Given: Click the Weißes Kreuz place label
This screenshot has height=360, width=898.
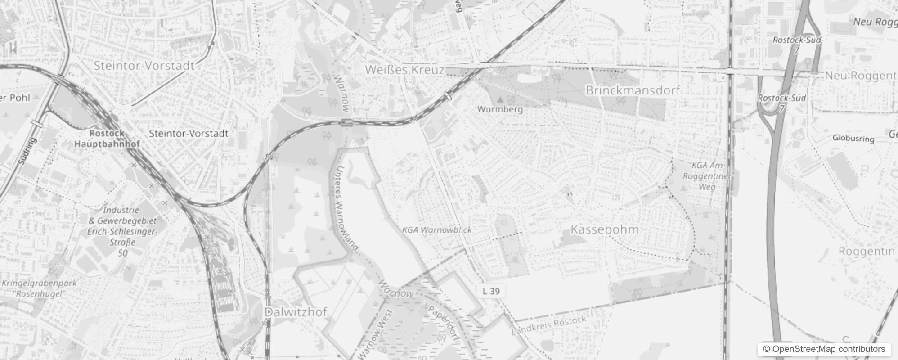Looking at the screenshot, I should tap(404, 70).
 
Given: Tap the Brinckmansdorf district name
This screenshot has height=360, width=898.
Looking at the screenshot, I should tap(633, 90).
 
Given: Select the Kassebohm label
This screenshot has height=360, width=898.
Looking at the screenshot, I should tap(604, 229).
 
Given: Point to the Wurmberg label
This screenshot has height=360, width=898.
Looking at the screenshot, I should tap(500, 109).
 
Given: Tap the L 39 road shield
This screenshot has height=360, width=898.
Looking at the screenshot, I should tap(491, 291).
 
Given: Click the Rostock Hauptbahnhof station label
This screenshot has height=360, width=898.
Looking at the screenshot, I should tap(107, 139).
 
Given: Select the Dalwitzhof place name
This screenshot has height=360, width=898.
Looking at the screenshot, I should tap(296, 312).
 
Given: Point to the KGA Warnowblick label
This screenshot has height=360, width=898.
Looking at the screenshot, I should tap(437, 230).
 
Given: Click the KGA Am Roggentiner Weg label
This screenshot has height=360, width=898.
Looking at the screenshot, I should tap(707, 176).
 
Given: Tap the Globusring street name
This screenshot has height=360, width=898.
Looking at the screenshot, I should tap(853, 138).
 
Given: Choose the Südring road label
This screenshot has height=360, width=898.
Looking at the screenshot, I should tap(27, 151).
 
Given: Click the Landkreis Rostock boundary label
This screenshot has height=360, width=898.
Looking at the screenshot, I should tap(549, 325).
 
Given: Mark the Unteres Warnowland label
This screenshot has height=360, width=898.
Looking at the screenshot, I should tap(346, 207).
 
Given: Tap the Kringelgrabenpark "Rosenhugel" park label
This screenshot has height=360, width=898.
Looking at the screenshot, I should tap(39, 288).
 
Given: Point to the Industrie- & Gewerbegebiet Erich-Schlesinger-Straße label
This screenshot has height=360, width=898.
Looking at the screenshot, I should tap(122, 231).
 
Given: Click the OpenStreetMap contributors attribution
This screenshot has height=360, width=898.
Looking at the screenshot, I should tap(824, 349).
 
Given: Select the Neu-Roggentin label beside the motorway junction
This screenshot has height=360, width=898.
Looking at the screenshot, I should tap(860, 76).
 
